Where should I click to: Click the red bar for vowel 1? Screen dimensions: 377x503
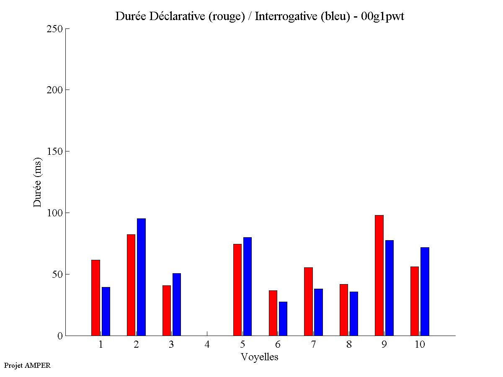click(95, 297)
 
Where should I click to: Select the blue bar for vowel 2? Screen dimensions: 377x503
click(141, 277)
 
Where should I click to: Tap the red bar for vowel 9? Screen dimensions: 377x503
click(379, 275)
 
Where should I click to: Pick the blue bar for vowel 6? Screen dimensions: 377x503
click(283, 318)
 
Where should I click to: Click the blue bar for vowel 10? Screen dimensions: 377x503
click(425, 291)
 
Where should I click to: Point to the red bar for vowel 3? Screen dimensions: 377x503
click(167, 310)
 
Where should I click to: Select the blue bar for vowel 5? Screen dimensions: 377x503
click(248, 286)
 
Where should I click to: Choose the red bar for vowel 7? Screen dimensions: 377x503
click(308, 301)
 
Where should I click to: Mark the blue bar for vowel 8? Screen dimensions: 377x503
click(354, 313)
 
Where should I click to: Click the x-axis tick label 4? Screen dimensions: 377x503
click(207, 344)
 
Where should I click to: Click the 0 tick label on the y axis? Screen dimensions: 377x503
click(59, 336)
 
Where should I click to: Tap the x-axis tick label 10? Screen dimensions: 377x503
click(420, 344)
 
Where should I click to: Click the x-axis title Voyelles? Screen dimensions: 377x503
click(259, 357)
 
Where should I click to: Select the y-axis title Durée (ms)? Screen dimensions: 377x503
click(38, 182)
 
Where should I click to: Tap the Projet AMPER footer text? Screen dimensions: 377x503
click(27, 365)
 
